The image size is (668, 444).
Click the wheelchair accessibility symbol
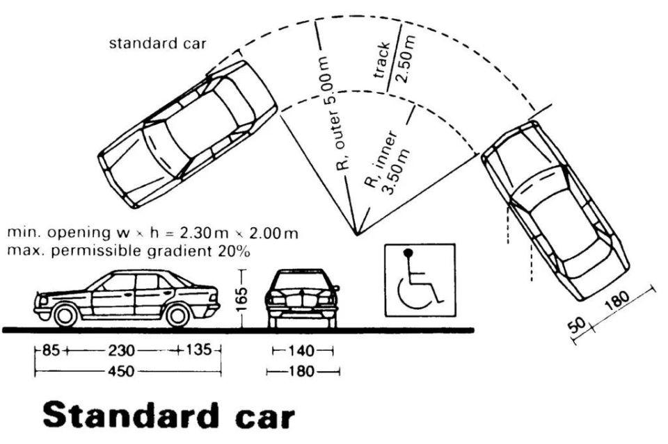[x=420, y=280]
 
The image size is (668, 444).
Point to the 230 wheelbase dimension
[x=121, y=351]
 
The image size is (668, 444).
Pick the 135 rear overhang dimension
[x=198, y=350]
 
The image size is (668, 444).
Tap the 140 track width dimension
[x=301, y=351]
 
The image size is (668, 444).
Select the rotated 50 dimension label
[x=578, y=326]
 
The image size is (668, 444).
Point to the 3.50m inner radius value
[x=397, y=171]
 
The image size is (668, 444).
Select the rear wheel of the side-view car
[x=177, y=315]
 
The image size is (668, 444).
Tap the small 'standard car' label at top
[x=158, y=43]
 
